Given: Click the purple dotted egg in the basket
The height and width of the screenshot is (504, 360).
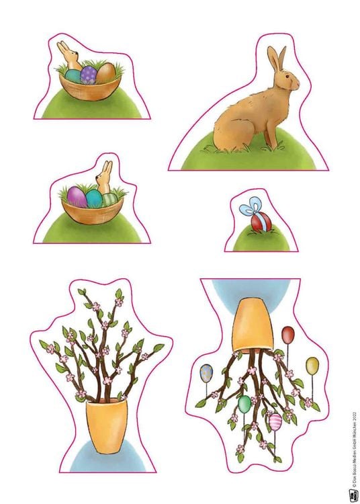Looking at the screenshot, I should coord(89,74).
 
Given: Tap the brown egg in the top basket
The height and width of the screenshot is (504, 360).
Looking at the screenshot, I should coord(106,71).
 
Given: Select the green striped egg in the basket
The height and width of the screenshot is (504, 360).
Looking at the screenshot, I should coord(109,200).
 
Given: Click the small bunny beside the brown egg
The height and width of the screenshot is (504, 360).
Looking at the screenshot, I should coord(69,56).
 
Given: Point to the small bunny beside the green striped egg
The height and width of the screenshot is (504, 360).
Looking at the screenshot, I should coord(105,177).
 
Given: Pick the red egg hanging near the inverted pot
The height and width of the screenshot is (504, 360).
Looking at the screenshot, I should coord(287,335).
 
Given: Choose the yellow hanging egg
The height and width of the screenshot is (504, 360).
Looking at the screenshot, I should coord(312,366).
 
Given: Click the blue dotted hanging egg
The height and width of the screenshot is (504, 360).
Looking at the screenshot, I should coord(206,374).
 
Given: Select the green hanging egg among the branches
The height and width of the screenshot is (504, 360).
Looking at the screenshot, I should coord(244,404).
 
